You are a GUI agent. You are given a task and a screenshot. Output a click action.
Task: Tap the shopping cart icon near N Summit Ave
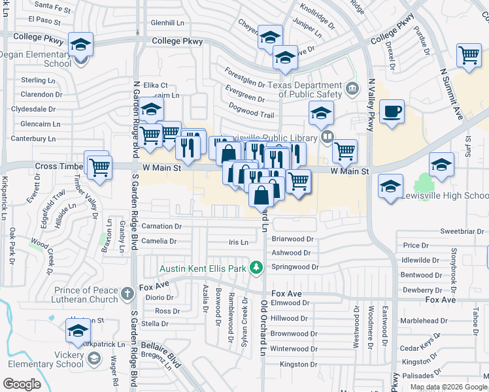click(469, 57)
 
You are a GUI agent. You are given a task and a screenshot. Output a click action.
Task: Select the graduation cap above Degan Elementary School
click(81, 44)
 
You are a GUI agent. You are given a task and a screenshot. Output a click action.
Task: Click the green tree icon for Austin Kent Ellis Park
click(257, 267)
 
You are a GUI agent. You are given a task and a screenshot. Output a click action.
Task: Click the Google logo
click(23, 384)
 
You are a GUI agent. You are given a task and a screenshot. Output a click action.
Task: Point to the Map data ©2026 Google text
click(449, 387)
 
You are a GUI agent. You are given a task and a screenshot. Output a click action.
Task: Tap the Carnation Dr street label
click(161, 227)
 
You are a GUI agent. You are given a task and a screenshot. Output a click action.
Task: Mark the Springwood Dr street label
click(295, 267)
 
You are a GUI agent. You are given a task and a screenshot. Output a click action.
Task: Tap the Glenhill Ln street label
click(167, 22)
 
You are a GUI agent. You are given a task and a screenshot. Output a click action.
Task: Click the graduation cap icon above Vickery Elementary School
click(78, 332)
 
